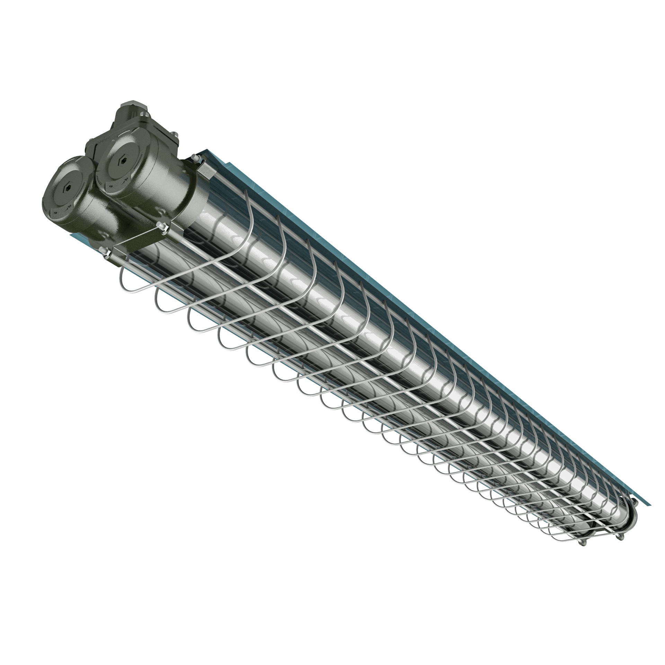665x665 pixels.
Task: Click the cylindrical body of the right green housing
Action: tap(163, 194)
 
